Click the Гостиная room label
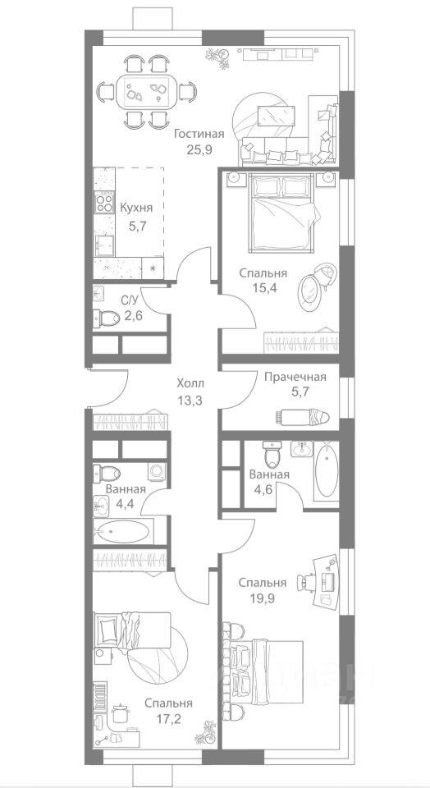199,134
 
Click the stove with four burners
104,203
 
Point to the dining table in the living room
146,90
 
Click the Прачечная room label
295,377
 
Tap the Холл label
190,384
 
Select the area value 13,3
190,401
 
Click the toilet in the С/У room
106,317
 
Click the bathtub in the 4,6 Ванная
326,470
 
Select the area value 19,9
263,598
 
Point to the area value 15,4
263,290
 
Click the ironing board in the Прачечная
302,416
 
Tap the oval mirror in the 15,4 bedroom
309,291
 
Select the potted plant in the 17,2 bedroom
205,731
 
